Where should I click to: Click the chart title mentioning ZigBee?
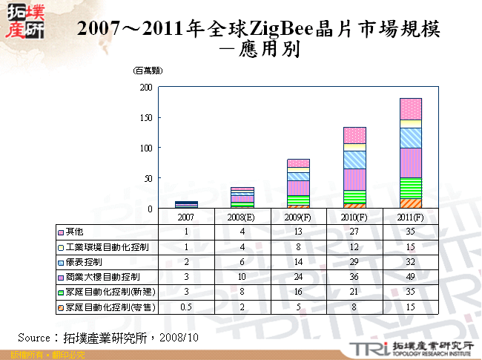259,30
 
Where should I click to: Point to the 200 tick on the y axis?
145,88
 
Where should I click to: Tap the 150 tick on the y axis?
145,118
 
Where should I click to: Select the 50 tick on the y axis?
147,179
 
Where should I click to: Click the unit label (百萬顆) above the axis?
148,71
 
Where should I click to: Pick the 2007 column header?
186,217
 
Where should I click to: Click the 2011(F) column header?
411,217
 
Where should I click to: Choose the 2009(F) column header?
299,217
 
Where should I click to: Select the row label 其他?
74,231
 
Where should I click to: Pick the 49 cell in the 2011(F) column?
411,277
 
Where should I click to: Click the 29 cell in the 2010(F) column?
354,262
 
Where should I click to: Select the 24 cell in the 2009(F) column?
299,277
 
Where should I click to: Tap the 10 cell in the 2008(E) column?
242,277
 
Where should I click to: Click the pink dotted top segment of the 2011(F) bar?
410,108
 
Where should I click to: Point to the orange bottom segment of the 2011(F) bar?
410,203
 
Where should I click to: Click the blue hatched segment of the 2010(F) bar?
354,160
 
